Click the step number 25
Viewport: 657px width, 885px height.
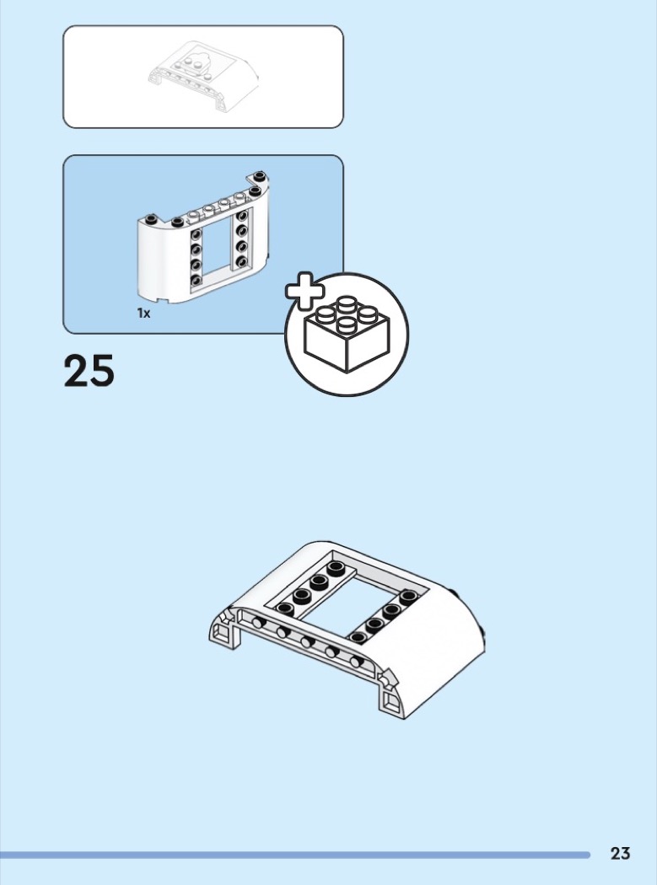89,370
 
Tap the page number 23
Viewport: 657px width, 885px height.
620,853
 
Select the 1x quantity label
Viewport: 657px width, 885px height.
144,314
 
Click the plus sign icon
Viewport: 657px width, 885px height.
305,292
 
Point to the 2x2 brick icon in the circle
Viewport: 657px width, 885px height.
347,334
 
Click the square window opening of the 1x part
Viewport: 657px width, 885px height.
217,250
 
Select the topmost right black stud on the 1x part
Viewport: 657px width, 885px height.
260,177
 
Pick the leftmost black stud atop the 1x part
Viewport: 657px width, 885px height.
150,219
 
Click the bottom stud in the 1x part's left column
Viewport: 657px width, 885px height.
196,279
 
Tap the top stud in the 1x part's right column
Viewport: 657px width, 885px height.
242,216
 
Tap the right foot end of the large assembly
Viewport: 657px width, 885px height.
393,697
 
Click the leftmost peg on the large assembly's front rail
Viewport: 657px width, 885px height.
258,623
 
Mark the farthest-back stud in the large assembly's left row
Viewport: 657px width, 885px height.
336,566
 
